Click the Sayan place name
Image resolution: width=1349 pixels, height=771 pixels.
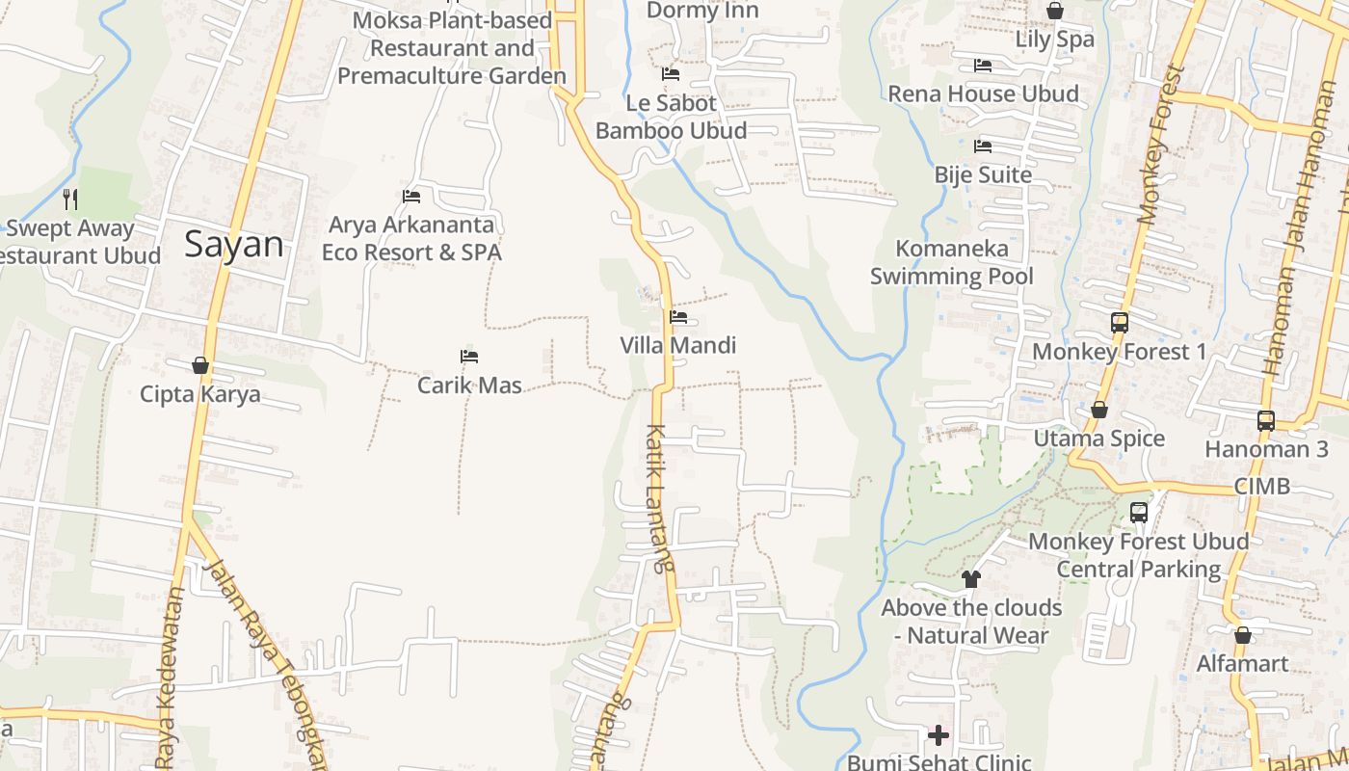pyautogui.click(x=234, y=244)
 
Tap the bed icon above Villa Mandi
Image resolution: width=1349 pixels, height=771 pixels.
pyautogui.click(x=678, y=316)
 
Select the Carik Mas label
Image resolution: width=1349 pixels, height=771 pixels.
pyautogui.click(x=469, y=385)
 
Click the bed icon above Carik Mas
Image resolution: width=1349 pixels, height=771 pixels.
pyautogui.click(x=469, y=357)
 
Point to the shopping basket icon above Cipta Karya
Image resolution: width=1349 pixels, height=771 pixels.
pyautogui.click(x=200, y=365)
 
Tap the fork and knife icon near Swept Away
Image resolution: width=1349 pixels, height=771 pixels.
pyautogui.click(x=69, y=199)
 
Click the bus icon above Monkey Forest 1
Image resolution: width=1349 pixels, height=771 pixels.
pyautogui.click(x=1119, y=323)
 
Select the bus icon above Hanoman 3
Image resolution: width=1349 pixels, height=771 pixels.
pyautogui.click(x=1265, y=421)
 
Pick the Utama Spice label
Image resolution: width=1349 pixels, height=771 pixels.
pyautogui.click(x=1098, y=439)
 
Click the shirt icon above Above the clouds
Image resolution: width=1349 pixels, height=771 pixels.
pyautogui.click(x=970, y=579)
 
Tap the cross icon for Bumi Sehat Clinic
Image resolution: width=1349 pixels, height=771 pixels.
pyautogui.click(x=938, y=735)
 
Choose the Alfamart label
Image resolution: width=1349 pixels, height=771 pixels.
pyautogui.click(x=1242, y=664)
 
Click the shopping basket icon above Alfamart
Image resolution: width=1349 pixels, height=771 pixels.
pyautogui.click(x=1242, y=635)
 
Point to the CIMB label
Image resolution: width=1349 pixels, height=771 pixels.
pyautogui.click(x=1261, y=486)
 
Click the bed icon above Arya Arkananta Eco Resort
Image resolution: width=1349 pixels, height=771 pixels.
pyautogui.click(x=411, y=197)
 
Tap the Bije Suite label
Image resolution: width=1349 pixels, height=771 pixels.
pyautogui.click(x=983, y=175)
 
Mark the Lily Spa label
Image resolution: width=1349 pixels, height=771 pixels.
pyautogui.click(x=1054, y=40)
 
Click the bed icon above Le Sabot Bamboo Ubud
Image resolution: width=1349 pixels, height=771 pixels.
pyautogui.click(x=671, y=73)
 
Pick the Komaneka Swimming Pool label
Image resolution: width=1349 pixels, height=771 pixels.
pyautogui.click(x=951, y=262)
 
